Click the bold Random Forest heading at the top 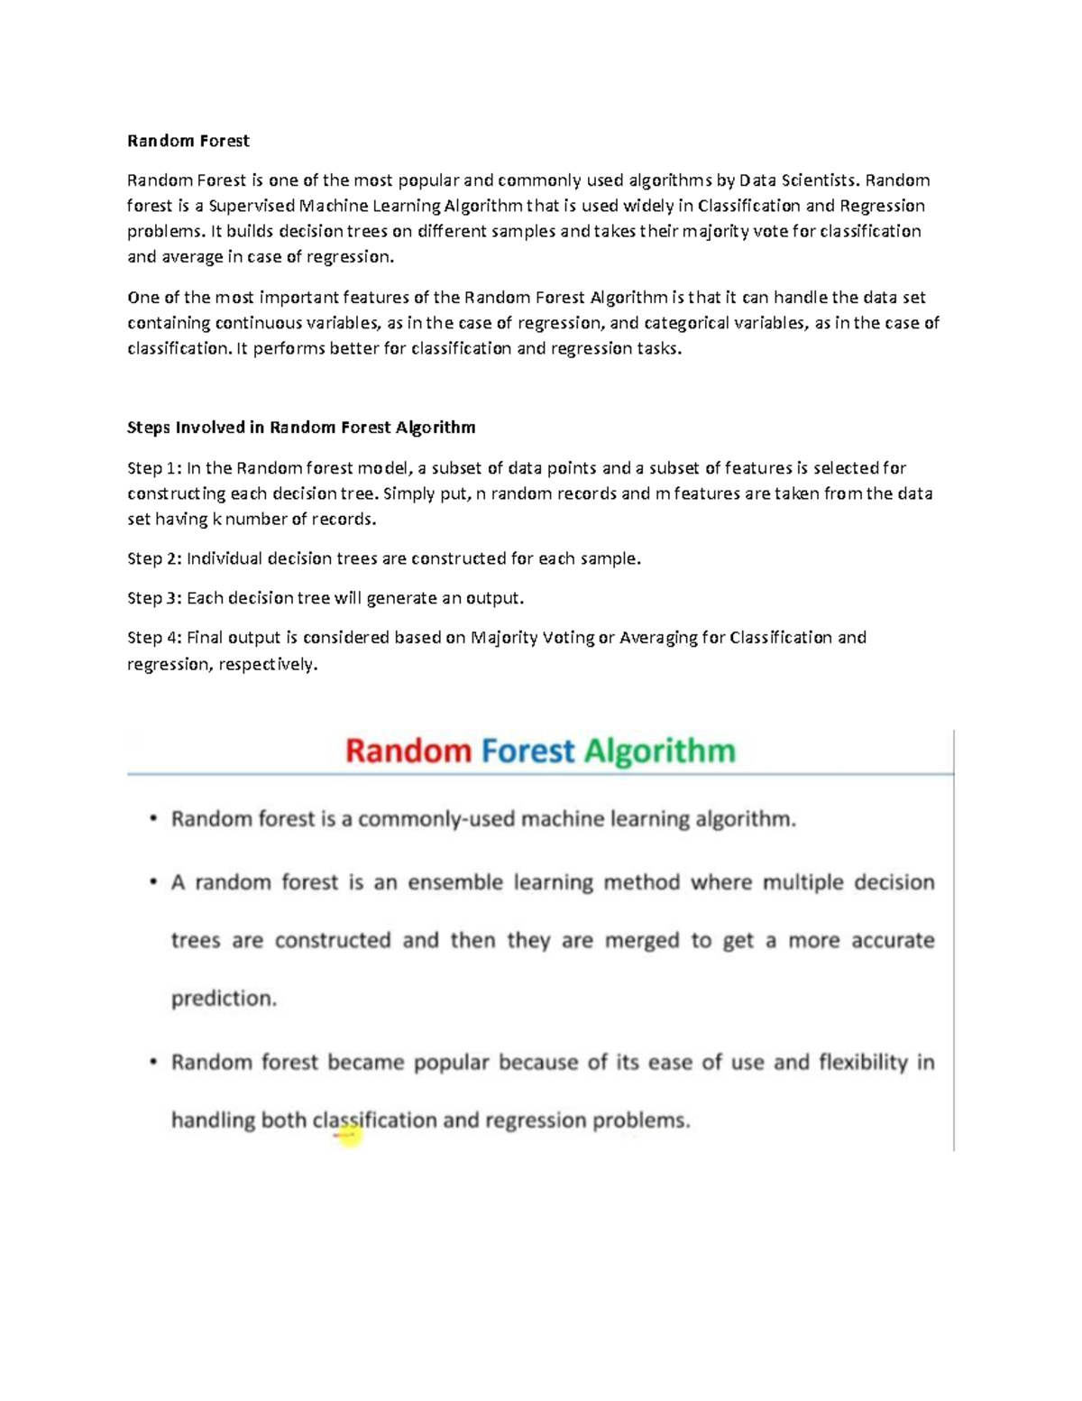click(188, 141)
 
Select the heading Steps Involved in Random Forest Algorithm click(300, 428)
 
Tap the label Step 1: click(154, 468)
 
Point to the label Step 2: click(154, 558)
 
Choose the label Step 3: click(154, 598)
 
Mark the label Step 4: click(154, 638)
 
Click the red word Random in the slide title click(408, 751)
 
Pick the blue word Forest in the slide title click(527, 751)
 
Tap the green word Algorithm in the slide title click(659, 751)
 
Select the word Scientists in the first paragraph click(819, 180)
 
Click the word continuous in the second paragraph click(257, 323)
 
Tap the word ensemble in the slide click(454, 882)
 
